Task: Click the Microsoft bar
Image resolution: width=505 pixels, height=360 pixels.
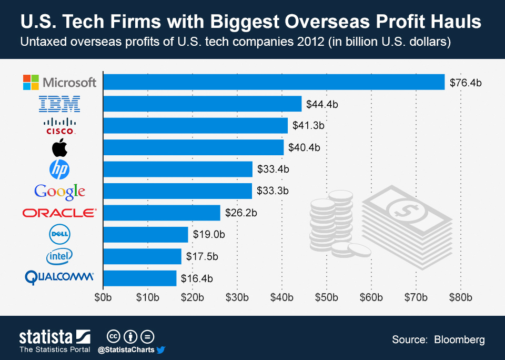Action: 274,82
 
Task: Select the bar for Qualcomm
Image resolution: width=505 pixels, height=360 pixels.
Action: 140,278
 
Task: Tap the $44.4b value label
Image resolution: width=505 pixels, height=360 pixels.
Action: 322,104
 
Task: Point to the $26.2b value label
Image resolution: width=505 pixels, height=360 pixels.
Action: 240,213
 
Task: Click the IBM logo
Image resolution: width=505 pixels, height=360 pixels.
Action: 60,104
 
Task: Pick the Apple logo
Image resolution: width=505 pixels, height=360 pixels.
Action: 60,148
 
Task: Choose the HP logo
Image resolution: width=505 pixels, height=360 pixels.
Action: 59,169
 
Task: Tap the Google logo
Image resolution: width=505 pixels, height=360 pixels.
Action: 59,191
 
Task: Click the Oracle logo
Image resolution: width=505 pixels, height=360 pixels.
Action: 59,213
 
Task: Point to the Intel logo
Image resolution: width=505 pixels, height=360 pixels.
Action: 59,256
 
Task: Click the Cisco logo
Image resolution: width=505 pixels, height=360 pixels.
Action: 60,126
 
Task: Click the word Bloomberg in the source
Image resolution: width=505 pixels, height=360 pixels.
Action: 460,339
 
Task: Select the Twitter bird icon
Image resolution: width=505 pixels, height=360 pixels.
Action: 161,349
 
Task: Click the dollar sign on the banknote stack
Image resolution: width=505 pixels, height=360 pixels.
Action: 405,209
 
